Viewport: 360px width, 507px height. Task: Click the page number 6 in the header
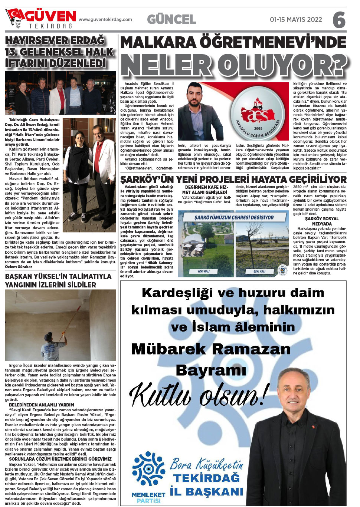tap(339, 20)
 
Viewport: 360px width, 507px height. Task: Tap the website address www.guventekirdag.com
tap(105, 20)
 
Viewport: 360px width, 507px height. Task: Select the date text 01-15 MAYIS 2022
tap(296, 20)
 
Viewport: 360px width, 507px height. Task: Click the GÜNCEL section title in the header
tap(171, 19)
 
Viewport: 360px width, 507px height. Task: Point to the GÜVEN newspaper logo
tap(41, 19)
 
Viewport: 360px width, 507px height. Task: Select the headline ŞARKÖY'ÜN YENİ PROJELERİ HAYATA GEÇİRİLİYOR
tap(233, 180)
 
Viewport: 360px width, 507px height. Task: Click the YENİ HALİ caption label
tap(203, 271)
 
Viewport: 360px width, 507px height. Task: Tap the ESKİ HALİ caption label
tap(259, 271)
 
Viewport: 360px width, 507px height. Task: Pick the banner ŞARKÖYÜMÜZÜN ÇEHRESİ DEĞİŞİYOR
tap(234, 217)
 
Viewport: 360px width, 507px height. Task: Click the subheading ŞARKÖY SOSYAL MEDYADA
tap(321, 221)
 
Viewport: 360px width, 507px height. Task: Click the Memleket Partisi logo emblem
tap(148, 469)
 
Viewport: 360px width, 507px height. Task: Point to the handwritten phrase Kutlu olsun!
tap(199, 395)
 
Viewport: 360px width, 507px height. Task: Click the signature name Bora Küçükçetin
tap(206, 464)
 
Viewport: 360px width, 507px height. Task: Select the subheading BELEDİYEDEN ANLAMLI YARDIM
tap(42, 405)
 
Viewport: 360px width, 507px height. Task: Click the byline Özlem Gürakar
tap(19, 267)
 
